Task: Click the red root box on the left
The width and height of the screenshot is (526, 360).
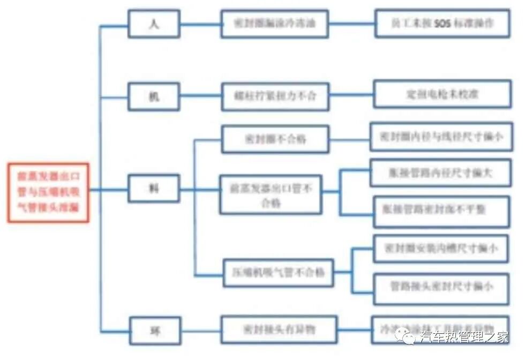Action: pos(48,191)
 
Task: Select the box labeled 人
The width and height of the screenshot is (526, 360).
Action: pos(154,24)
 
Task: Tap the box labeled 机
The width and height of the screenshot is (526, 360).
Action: pos(154,96)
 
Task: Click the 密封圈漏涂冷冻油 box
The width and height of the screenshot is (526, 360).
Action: pos(274,24)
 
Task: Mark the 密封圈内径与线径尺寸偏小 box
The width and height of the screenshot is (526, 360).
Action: pos(441,137)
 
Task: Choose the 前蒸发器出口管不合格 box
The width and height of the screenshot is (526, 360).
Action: pos(271,194)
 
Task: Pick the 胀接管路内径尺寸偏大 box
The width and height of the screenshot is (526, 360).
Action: pos(440,172)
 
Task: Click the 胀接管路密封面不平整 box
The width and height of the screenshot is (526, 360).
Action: pos(441,209)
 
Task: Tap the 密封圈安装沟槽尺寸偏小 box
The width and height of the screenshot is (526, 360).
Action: pos(440,249)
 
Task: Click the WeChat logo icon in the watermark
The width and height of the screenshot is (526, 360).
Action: pos(405,336)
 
